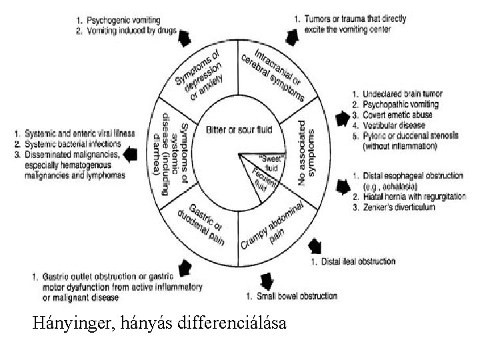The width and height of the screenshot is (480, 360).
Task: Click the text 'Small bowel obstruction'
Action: click(x=297, y=296)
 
